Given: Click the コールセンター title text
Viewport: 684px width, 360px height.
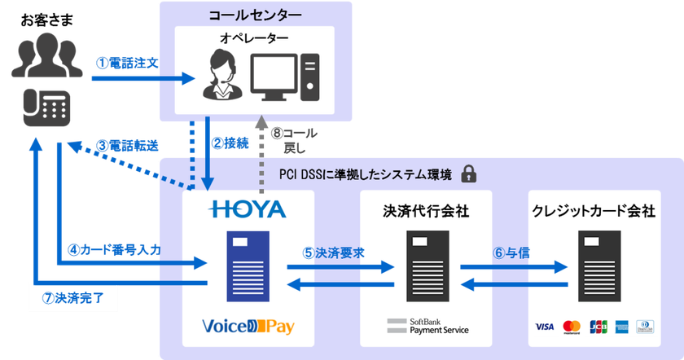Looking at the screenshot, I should tap(255, 15).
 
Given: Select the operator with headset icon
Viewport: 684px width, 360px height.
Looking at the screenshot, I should tap(224, 75).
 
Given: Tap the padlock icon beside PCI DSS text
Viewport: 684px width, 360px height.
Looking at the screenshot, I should tap(468, 173).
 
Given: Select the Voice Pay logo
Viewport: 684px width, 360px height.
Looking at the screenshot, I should tap(248, 327).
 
